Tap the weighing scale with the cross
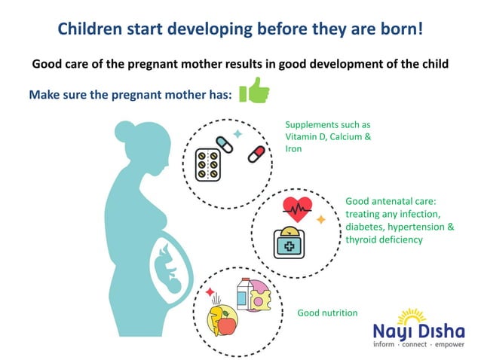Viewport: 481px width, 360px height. [290, 242]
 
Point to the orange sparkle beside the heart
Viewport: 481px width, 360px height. [320, 220]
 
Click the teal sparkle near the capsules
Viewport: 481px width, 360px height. [238, 133]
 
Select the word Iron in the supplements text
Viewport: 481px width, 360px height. [293, 150]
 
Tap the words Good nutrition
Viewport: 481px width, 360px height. [327, 313]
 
